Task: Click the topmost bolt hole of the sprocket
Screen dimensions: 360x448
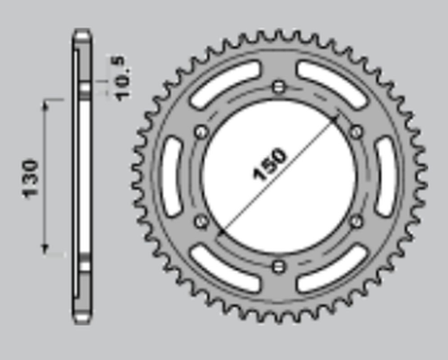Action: (x=278, y=86)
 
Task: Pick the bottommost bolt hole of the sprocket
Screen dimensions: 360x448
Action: (x=278, y=265)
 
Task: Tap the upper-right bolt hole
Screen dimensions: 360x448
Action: (x=355, y=131)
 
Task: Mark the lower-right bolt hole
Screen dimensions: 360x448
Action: (x=355, y=221)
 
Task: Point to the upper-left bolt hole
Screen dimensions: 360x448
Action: (x=201, y=131)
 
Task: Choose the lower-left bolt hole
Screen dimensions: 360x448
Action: (x=201, y=221)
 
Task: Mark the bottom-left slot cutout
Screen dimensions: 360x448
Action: (x=222, y=270)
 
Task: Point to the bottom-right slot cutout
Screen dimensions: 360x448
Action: (x=334, y=270)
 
